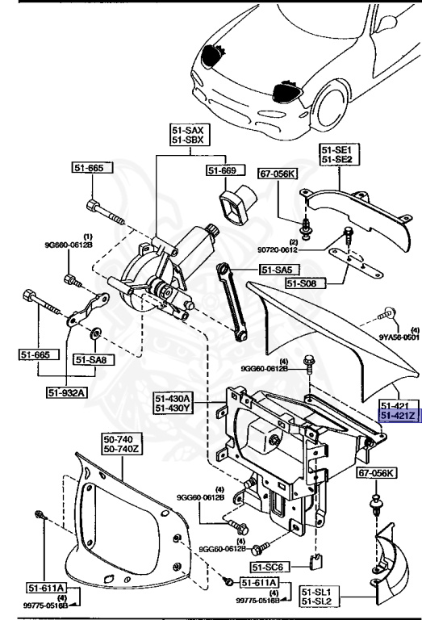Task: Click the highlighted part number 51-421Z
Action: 397,416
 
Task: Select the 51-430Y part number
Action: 173,408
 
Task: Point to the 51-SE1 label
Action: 338,150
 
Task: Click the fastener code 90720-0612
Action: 307,251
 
